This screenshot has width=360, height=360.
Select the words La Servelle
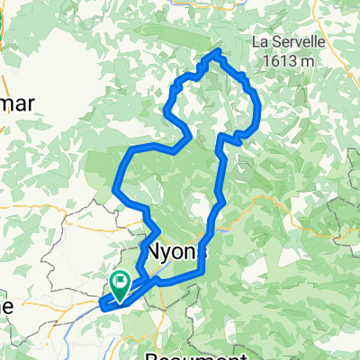[287, 41]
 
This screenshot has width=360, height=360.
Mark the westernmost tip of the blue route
[101, 305]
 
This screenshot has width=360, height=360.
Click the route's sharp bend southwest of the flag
[101, 305]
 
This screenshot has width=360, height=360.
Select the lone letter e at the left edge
[5, 304]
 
